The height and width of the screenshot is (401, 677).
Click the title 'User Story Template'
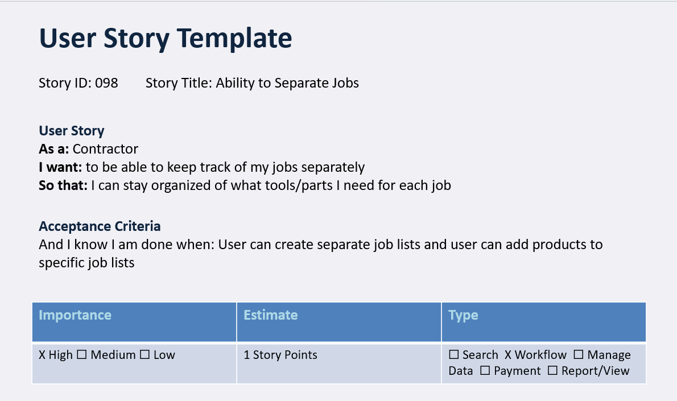(x=165, y=39)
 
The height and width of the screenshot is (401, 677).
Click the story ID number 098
(x=106, y=83)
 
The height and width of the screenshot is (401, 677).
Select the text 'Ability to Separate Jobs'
(x=287, y=83)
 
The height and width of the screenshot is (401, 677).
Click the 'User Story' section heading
(x=72, y=131)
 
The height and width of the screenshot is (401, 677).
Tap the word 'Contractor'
(x=105, y=149)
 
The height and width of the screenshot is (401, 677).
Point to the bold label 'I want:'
(x=60, y=167)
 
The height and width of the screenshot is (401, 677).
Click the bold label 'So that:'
(x=63, y=185)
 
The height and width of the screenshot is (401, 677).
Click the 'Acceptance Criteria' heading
(x=100, y=226)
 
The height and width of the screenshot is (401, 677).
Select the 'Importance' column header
(x=75, y=315)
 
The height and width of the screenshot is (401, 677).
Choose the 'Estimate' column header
(x=271, y=315)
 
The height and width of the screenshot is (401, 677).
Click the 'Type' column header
(x=463, y=315)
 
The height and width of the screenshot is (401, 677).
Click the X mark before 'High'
(x=42, y=355)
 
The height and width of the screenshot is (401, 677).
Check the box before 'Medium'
(x=81, y=355)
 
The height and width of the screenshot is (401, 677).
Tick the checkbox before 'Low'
(x=145, y=355)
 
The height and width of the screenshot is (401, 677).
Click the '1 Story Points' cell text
(x=280, y=355)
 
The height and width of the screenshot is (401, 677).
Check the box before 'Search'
(x=454, y=355)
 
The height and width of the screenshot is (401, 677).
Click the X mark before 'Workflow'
(x=508, y=355)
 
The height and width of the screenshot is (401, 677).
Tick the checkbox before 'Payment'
(x=485, y=371)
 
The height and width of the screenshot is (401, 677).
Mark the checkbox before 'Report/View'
(x=553, y=371)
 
